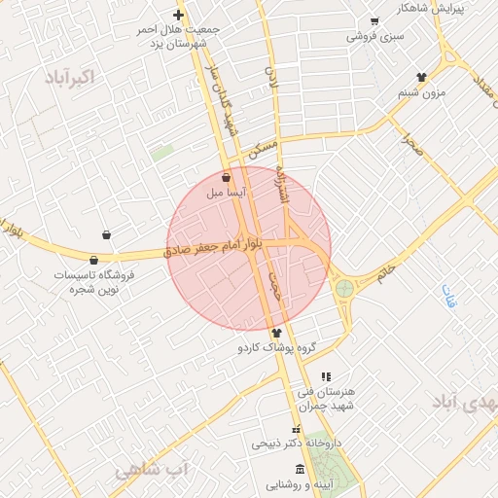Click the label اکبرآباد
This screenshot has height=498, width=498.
coord(71,77)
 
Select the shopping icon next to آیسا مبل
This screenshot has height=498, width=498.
coord(227,179)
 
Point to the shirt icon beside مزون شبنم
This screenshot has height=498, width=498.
coord(421,77)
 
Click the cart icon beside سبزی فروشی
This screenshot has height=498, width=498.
coord(374,21)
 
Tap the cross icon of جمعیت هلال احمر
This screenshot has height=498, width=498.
coord(178,15)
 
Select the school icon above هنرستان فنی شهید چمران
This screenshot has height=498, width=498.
coord(326,376)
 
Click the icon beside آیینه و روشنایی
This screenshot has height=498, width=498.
coord(300,471)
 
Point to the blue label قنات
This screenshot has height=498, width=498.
coord(448,296)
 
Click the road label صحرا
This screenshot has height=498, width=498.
coord(412,147)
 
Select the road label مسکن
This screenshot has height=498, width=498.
coord(263,148)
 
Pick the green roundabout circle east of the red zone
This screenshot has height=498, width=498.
coord(344,288)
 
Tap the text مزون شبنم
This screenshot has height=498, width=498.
coord(421,93)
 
